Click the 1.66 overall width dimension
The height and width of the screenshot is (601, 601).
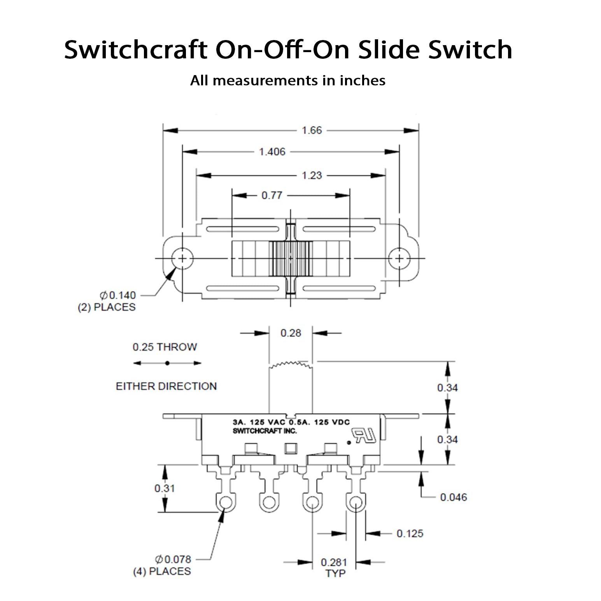312,130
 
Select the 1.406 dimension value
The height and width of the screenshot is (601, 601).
272,152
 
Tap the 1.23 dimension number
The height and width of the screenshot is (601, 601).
312,175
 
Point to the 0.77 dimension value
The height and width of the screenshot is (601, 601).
272,195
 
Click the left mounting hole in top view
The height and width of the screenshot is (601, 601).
182,258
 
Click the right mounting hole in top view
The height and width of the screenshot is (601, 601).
399,258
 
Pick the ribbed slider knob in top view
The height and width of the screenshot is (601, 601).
291,258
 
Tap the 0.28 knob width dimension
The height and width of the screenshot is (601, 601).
291,333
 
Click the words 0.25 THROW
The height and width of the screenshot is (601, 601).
165,347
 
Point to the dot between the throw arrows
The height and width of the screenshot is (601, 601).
167,363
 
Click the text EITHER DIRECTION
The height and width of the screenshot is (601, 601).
166,386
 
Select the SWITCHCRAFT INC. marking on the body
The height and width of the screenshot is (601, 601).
265,431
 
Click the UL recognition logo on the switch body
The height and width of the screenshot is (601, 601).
364,435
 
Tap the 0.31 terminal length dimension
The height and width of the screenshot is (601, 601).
165,488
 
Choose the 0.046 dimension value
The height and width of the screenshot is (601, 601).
453,497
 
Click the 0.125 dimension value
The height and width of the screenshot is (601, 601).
410,533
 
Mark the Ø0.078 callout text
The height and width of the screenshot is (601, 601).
173,559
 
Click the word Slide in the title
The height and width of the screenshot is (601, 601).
389,50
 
